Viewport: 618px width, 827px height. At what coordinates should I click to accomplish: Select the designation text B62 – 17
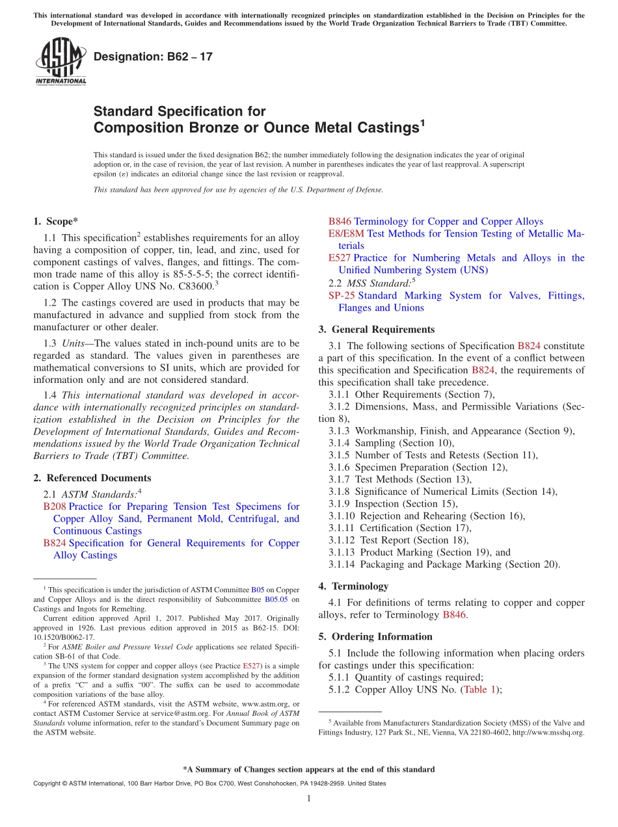pyautogui.click(x=153, y=57)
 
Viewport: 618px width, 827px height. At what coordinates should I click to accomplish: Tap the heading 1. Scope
pyautogui.click(x=56, y=221)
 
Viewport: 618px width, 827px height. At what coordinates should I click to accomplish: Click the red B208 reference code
pyautogui.click(x=55, y=506)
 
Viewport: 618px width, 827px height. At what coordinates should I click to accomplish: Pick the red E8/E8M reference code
pyautogui.click(x=346, y=233)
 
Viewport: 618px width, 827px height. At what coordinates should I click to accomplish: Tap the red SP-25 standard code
pyautogui.click(x=342, y=296)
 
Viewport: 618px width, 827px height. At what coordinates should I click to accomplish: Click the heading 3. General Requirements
pyautogui.click(x=376, y=329)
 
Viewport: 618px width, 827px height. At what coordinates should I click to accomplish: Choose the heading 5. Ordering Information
pyautogui.click(x=375, y=637)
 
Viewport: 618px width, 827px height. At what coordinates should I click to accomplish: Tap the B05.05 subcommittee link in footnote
pyautogui.click(x=276, y=599)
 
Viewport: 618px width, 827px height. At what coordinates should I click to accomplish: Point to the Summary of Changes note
pyautogui.click(x=309, y=769)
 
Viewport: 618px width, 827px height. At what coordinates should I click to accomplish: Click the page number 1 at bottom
pyautogui.click(x=309, y=799)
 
